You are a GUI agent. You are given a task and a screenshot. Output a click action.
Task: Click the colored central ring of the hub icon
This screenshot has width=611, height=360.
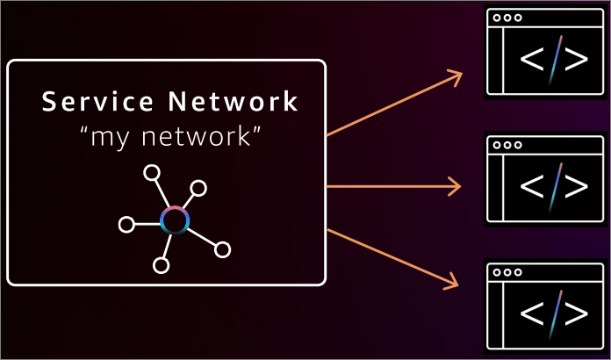click(175, 220)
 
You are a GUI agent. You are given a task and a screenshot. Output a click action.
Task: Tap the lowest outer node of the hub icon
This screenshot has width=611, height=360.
click(161, 264)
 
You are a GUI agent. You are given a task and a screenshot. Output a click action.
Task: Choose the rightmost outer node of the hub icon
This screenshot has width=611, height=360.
click(222, 250)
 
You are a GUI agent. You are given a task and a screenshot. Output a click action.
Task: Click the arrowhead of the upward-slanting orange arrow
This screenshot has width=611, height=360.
click(456, 77)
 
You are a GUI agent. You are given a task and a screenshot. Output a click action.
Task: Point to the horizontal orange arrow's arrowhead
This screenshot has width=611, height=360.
click(456, 186)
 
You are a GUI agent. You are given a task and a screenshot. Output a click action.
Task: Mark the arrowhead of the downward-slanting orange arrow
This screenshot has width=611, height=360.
click(454, 283)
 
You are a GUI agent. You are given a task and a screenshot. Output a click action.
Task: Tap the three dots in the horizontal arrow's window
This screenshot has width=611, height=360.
click(507, 145)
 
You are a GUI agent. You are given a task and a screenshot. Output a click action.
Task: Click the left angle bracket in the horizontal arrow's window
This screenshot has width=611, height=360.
click(532, 186)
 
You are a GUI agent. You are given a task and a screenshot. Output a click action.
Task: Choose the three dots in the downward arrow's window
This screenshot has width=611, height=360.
click(507, 273)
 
